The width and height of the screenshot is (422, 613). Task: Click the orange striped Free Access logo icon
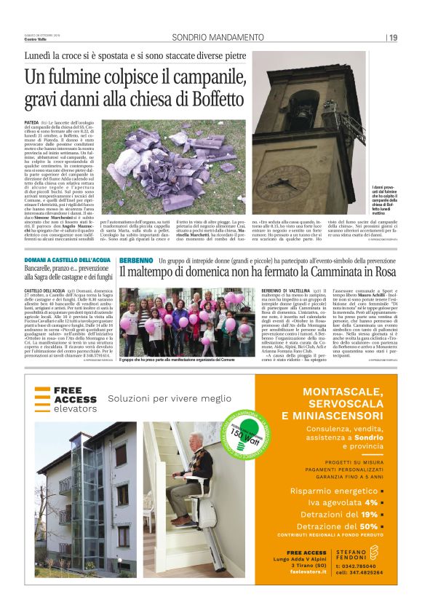(x=43, y=397)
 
